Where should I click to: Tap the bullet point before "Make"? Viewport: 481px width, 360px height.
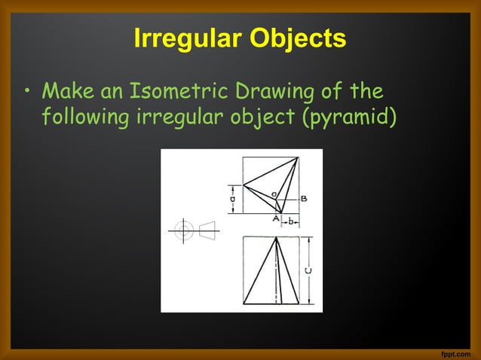pos(27,95)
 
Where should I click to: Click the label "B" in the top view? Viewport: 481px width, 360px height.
pos(303,199)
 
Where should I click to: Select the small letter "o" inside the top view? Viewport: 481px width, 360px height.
pos(273,195)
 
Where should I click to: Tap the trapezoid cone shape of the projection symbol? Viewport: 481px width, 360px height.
pos(207,230)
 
